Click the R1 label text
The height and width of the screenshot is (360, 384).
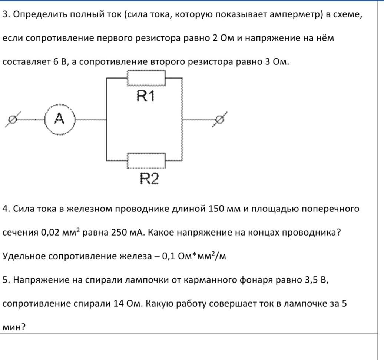click(146, 96)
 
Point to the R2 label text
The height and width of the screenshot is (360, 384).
click(149, 179)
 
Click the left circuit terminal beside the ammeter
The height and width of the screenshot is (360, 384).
click(13, 119)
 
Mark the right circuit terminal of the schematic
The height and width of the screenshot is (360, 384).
click(219, 119)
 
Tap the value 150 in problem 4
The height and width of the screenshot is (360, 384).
click(216, 209)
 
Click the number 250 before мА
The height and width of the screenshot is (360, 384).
click(119, 232)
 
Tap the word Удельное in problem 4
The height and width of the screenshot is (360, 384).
click(24, 256)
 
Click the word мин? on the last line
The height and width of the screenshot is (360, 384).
click(14, 327)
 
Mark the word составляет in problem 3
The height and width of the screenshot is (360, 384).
click(26, 62)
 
